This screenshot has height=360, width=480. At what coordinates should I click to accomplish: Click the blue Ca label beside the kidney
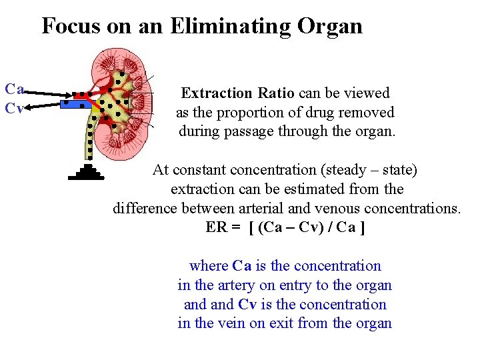point(15,89)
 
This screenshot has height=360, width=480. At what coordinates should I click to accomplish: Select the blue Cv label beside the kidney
point(15,107)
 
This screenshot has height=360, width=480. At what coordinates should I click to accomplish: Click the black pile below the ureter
point(87,172)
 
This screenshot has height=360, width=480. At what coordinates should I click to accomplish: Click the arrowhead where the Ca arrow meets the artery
point(71,95)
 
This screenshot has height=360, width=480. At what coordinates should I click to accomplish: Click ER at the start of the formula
point(216,227)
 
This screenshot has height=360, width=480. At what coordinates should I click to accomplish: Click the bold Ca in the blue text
point(241,266)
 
